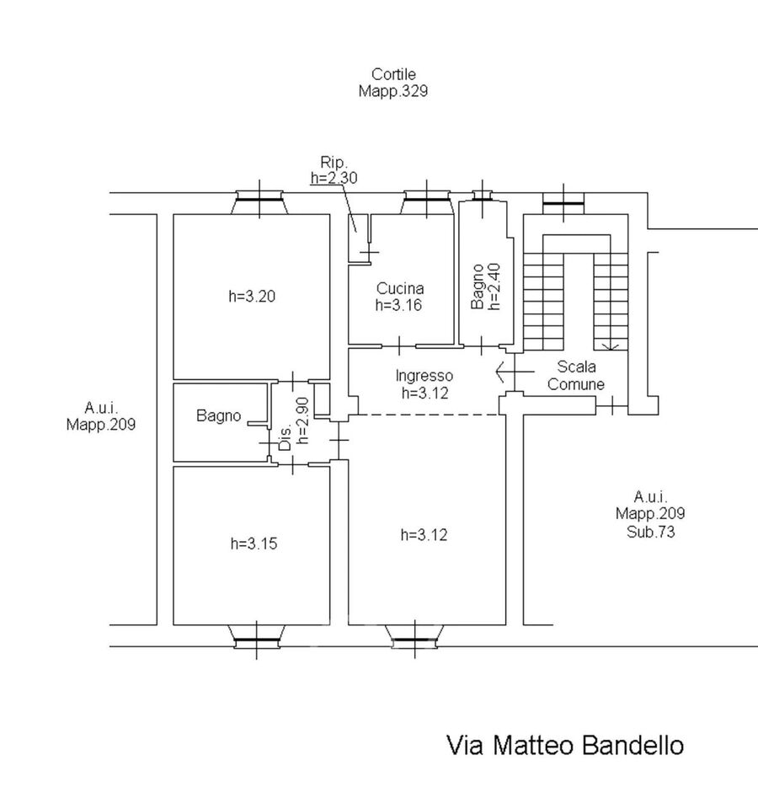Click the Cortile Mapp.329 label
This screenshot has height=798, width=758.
(x=393, y=83)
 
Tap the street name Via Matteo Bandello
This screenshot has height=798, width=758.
(x=564, y=746)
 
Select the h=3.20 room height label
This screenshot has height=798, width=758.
(x=253, y=296)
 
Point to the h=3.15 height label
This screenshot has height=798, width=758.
(x=254, y=544)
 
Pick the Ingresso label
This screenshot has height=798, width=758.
(x=424, y=376)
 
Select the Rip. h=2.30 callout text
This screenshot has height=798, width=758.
(x=333, y=169)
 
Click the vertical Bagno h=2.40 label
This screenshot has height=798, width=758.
(x=486, y=287)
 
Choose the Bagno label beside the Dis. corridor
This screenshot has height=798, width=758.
(x=219, y=415)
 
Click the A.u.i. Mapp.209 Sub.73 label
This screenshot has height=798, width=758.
(x=649, y=514)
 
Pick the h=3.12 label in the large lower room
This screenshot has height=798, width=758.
(x=426, y=534)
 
